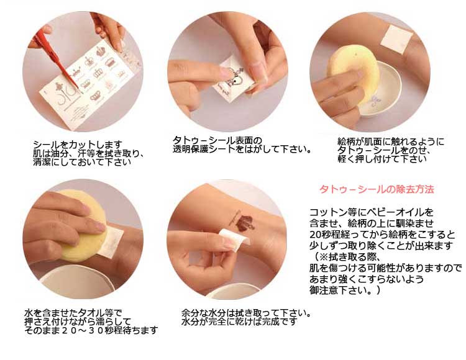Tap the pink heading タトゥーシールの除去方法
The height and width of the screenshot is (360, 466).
coord(377,189)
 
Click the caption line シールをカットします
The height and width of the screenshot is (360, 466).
coord(78,145)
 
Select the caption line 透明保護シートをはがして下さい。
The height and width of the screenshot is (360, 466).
coord(242,149)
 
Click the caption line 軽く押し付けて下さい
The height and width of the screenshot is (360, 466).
coord(382,159)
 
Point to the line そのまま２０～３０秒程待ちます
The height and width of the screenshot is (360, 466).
coord(91,330)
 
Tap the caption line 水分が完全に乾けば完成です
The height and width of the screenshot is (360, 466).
coord(239,322)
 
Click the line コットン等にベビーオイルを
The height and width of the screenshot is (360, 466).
coord(372,212)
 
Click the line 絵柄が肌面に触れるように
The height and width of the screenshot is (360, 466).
coord(391,142)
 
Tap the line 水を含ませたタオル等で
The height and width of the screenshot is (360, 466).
coord(73,313)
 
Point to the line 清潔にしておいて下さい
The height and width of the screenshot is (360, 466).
coord(82,163)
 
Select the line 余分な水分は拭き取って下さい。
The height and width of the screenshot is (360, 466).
coord(247,313)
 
